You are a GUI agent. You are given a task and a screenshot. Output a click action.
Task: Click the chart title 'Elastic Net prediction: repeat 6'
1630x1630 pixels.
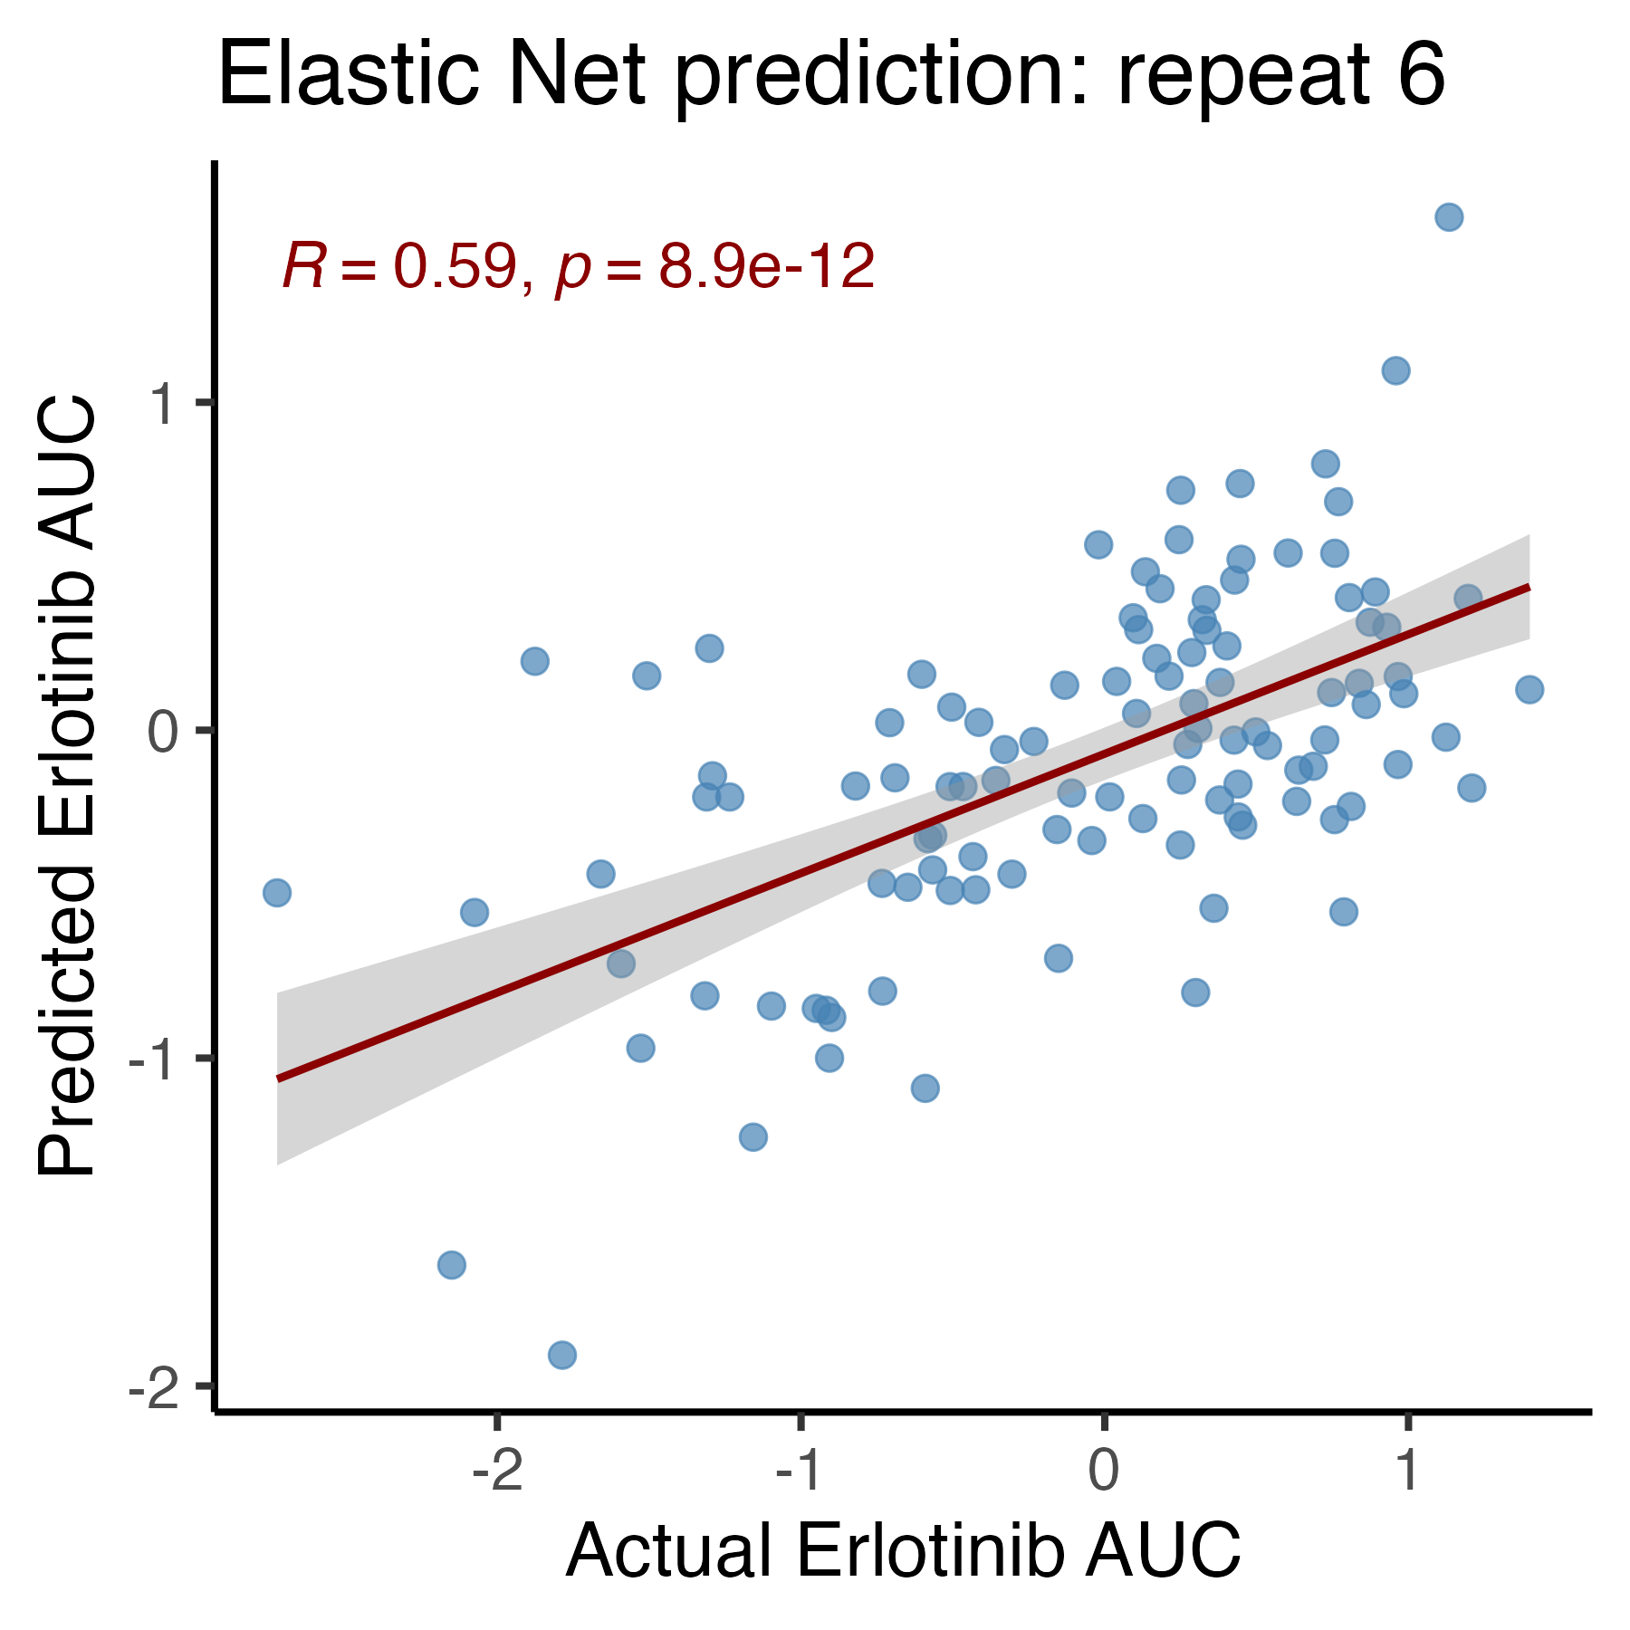click(x=831, y=76)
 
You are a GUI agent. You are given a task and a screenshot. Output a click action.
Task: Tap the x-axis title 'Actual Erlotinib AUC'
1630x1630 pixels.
click(x=903, y=1550)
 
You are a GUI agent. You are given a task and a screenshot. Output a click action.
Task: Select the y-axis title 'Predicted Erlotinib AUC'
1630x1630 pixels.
click(x=66, y=786)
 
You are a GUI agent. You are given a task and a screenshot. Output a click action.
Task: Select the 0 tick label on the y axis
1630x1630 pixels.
click(x=166, y=731)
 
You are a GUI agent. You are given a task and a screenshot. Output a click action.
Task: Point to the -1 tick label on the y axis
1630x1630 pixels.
click(x=157, y=1059)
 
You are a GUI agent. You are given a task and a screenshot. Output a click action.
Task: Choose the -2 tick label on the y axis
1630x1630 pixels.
click(x=157, y=1386)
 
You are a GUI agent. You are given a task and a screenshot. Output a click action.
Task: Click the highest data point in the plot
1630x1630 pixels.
click(x=1449, y=217)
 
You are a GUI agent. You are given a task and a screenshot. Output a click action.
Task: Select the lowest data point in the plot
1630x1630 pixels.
click(x=562, y=1356)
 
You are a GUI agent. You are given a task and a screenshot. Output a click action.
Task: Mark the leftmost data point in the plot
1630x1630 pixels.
click(x=277, y=893)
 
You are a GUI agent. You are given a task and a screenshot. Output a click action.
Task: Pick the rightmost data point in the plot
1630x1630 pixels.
click(x=1529, y=690)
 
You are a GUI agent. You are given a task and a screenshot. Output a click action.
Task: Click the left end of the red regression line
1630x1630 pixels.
click(x=277, y=1079)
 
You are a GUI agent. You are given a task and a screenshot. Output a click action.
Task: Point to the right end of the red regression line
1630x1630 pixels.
click(x=1529, y=587)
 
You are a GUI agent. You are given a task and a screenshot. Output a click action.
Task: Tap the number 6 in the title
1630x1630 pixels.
click(x=1420, y=77)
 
